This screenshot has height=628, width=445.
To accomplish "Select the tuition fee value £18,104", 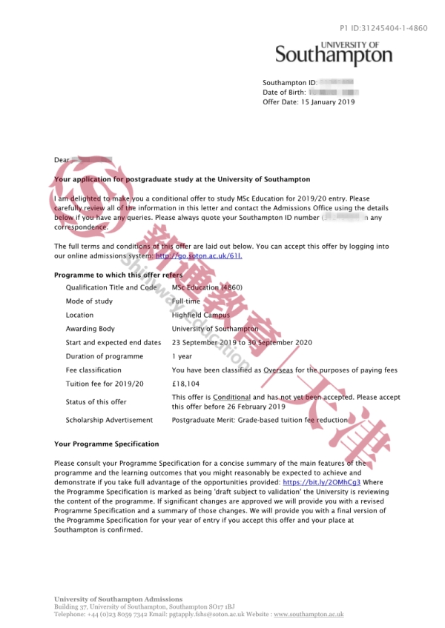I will (186, 384).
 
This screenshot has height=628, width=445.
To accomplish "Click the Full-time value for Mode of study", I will (185, 301).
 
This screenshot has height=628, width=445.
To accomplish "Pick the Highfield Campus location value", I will (200, 315).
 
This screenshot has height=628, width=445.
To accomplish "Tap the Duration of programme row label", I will (104, 356).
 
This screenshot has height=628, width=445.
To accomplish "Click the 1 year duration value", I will (182, 356).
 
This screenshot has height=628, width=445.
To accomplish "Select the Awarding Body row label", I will (90, 329).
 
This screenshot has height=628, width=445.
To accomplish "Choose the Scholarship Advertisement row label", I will (109, 420).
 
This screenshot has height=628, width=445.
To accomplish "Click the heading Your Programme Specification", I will (107, 444).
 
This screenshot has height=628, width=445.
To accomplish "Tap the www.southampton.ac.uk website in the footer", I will (309, 615).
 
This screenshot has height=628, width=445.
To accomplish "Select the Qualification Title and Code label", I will (111, 287).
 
